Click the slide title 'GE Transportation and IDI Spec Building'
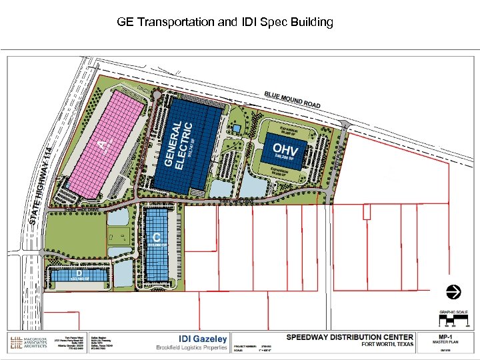[225, 22]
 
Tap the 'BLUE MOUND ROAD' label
[292, 100]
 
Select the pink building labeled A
[107, 143]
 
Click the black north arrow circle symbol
[453, 291]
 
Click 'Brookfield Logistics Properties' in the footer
[192, 348]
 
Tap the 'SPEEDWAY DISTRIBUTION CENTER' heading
[350, 337]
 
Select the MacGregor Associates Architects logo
[27, 343]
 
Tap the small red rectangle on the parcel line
[366, 211]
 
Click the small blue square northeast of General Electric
[235, 128]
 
